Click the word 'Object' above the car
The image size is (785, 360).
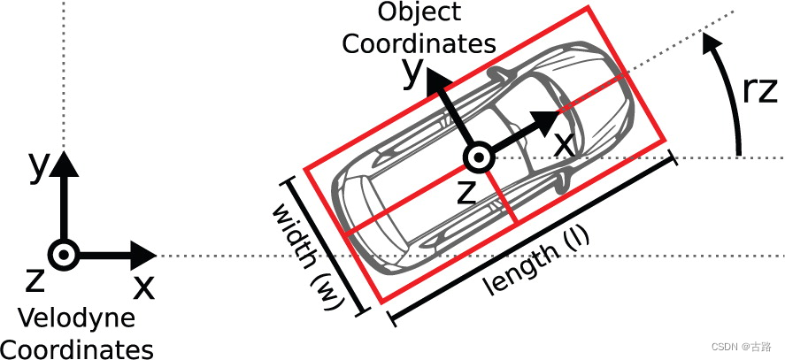(x=419, y=12)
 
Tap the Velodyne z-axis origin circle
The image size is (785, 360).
(x=63, y=257)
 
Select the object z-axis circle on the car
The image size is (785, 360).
(x=477, y=157)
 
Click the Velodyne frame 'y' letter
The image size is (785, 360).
(x=36, y=165)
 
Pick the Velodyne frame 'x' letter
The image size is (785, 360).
(x=142, y=286)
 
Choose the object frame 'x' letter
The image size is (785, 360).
(x=563, y=142)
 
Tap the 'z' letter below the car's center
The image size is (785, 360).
(x=466, y=192)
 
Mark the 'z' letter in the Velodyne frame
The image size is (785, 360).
(x=35, y=280)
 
